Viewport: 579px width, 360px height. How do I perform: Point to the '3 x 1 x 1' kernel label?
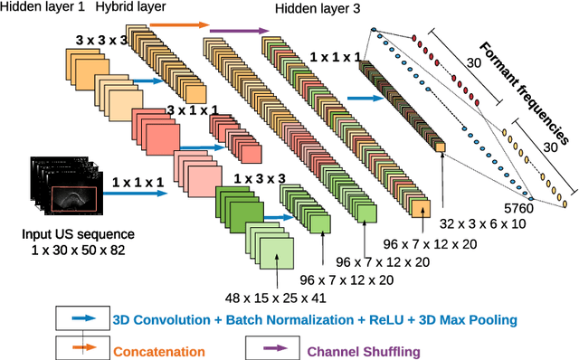pos(194,109)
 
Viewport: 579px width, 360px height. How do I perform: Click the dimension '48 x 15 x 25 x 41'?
pos(276,298)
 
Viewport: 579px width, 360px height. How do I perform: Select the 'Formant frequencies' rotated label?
pos(525,93)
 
